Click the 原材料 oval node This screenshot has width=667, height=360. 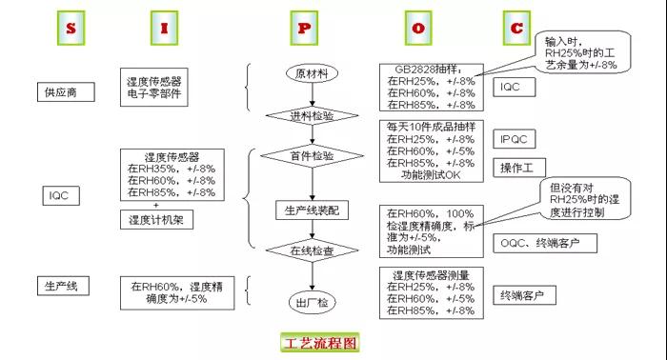click(x=312, y=73)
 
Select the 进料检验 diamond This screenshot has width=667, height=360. click(x=312, y=115)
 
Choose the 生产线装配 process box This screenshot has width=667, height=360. click(x=312, y=210)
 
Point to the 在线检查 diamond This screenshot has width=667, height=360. click(x=312, y=251)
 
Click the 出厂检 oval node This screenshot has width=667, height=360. click(x=312, y=301)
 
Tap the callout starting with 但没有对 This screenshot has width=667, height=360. click(x=582, y=201)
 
